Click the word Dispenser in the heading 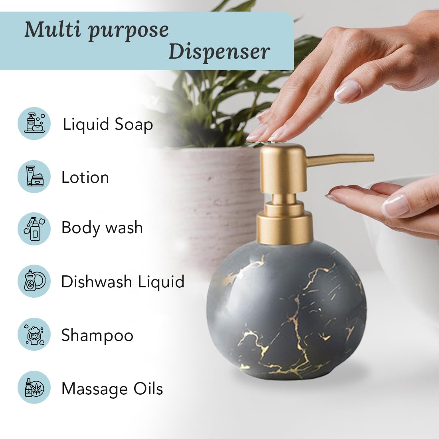[219, 52]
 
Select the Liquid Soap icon [34, 123]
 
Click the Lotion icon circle [34, 177]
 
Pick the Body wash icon [34, 229]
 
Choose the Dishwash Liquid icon [34, 281]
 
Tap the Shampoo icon [34, 334]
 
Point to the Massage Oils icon [34, 387]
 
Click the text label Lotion [85, 178]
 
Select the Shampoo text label [97, 336]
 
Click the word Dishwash [97, 281]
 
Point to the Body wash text [102, 227]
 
